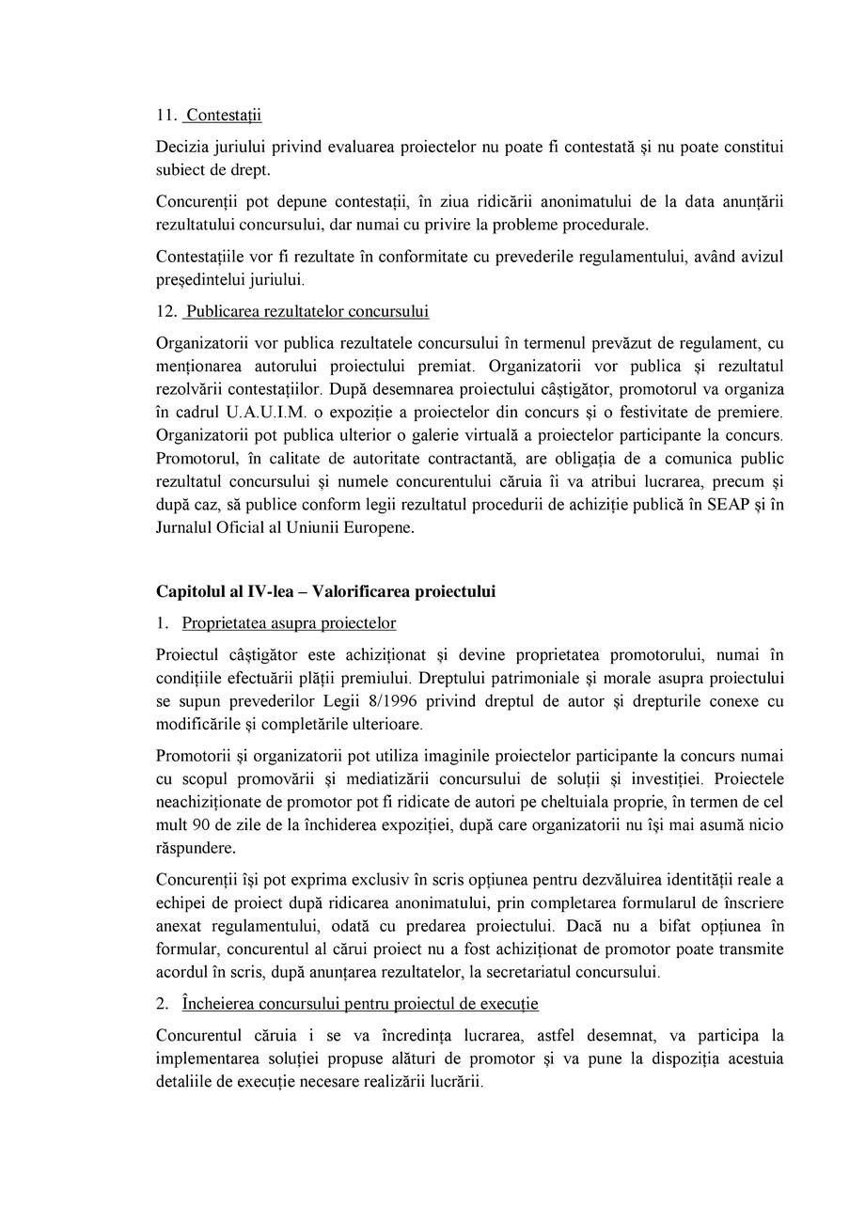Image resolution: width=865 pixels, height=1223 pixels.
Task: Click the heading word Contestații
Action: pyautogui.click(x=224, y=116)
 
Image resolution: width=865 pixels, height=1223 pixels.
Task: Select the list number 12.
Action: pyautogui.click(x=165, y=311)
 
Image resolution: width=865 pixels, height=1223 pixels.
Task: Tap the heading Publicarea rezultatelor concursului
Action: pyautogui.click(x=307, y=311)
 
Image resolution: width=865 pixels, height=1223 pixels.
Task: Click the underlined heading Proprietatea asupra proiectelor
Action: pyautogui.click(x=290, y=623)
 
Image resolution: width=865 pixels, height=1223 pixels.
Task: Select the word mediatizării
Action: pyautogui.click(x=387, y=778)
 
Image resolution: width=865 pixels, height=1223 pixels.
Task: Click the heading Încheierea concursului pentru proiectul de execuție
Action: pyautogui.click(x=361, y=1004)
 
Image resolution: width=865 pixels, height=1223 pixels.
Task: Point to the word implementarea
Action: pyautogui.click(x=204, y=1058)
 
